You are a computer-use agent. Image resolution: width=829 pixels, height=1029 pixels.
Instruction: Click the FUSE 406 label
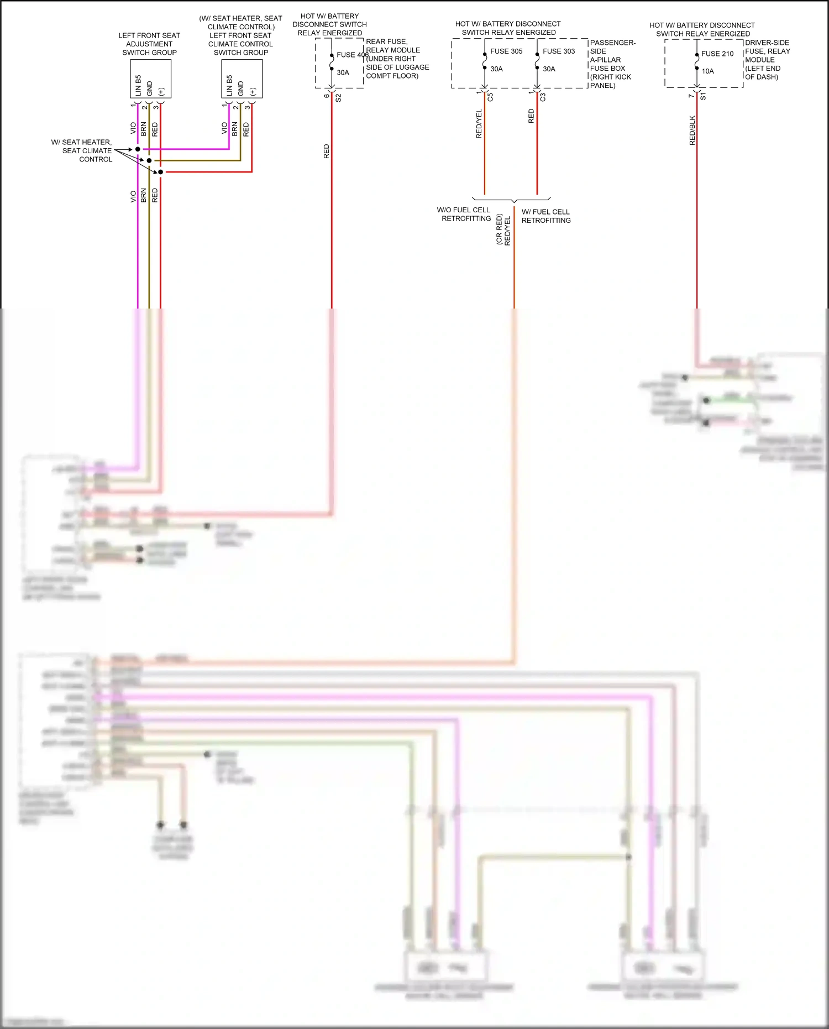[352, 55]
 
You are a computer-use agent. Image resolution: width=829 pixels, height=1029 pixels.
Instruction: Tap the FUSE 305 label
[506, 51]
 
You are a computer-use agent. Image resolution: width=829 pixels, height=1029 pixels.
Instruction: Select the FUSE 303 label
[558, 51]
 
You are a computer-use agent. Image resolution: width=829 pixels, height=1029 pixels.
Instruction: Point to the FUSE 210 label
[717, 54]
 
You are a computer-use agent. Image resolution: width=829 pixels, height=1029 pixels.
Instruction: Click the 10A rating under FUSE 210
[707, 71]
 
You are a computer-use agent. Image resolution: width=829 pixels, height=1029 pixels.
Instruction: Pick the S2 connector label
[338, 98]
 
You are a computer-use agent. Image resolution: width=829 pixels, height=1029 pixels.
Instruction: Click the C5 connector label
[490, 97]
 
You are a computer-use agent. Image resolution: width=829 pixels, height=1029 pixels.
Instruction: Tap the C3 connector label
[543, 97]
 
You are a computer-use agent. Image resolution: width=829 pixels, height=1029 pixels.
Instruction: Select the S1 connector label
[703, 97]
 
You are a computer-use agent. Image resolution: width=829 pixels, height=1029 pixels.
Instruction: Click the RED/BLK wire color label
[692, 130]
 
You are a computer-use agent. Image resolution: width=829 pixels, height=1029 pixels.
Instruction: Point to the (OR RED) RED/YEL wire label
[503, 229]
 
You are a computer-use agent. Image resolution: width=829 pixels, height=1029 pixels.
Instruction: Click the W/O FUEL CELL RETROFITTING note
[464, 214]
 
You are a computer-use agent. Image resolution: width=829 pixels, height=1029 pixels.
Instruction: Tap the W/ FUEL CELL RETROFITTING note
[545, 216]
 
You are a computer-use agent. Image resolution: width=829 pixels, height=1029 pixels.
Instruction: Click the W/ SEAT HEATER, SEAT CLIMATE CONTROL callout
[83, 150]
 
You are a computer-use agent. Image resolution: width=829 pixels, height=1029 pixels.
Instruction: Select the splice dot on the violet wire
[138, 149]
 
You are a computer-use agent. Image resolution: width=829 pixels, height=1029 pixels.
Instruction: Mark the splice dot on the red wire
[160, 172]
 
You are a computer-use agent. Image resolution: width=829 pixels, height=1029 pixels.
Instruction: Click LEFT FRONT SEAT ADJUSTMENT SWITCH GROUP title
[149, 44]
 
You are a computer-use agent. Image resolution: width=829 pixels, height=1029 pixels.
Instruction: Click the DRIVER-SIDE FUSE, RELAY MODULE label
[767, 60]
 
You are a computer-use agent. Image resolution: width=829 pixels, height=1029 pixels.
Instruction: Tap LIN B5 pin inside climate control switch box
[229, 85]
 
